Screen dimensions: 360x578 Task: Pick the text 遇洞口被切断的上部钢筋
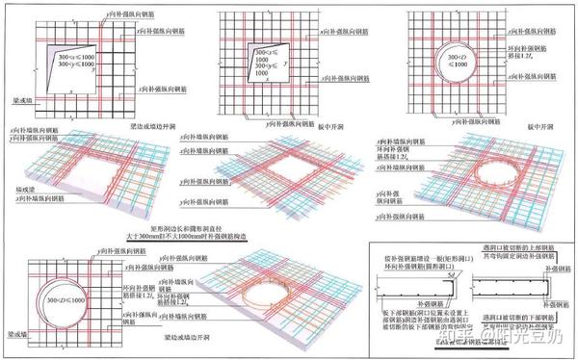coord(521,253)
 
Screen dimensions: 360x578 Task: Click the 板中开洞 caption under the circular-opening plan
coord(508,125)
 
